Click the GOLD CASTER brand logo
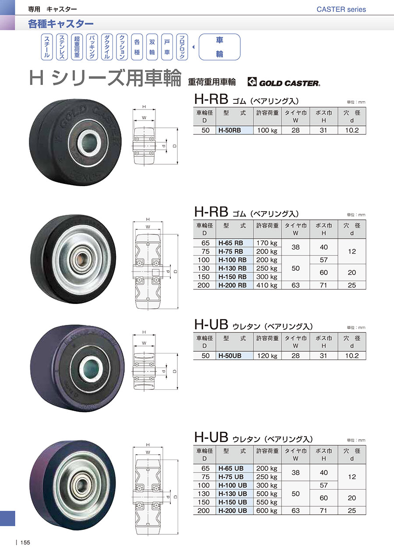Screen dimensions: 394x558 tap(284, 82)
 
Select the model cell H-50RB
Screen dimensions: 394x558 tap(235, 130)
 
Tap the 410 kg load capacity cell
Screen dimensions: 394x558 tap(267, 285)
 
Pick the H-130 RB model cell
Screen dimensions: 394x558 tap(235, 268)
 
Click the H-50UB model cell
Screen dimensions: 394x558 tap(235, 356)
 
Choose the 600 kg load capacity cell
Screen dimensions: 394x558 tap(267, 511)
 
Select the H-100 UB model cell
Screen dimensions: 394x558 tap(235, 485)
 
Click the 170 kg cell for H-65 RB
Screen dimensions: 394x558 tap(267, 243)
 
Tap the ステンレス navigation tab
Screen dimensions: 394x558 tap(62, 47)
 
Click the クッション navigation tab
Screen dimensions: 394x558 tap(122, 47)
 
